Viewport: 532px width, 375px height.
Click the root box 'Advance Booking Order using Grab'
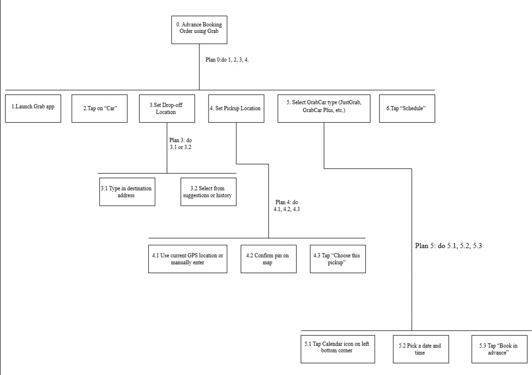[199, 30]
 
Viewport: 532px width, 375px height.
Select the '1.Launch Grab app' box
[33, 108]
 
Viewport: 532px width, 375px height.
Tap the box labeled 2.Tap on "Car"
[99, 108]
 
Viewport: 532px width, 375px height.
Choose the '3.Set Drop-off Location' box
[167, 108]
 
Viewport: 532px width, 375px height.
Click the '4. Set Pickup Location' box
[236, 108]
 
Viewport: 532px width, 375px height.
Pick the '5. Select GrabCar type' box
[324, 108]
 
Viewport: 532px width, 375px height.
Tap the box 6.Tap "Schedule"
[407, 108]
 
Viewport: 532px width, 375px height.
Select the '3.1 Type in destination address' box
[127, 192]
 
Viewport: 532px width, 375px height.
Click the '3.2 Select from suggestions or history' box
[209, 192]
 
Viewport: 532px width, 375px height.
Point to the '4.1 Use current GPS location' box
[188, 259]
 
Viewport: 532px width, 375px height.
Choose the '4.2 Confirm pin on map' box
[269, 259]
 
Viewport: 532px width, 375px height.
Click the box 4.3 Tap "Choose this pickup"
[338, 259]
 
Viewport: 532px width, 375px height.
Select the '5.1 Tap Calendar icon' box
[338, 349]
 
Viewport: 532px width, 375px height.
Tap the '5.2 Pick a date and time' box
[421, 349]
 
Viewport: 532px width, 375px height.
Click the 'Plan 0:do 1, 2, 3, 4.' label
[227, 60]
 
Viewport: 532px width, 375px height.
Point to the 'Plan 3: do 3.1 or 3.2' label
[181, 144]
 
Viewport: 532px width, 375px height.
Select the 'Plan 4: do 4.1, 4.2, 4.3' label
[287, 206]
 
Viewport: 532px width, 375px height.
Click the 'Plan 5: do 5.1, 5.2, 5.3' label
[449, 245]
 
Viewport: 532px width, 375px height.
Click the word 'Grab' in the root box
[213, 31]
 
